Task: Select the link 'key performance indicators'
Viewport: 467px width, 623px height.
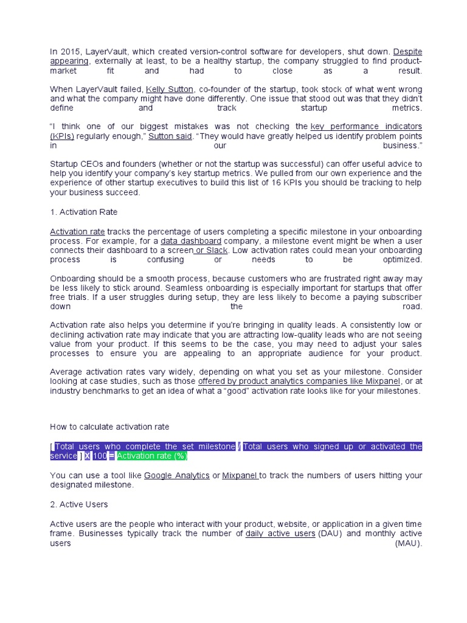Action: (366, 127)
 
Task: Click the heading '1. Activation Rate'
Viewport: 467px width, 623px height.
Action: (83, 212)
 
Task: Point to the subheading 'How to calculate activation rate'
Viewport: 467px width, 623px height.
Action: (109, 426)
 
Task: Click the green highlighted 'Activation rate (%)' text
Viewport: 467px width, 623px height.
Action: (152, 456)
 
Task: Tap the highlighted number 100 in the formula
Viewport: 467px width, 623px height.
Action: (99, 456)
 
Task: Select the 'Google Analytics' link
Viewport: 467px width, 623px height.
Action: (176, 475)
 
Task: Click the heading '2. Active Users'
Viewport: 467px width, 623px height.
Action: (79, 504)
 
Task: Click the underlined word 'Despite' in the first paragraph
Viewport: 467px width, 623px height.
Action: (407, 52)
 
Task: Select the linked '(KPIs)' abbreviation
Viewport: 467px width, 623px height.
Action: (62, 136)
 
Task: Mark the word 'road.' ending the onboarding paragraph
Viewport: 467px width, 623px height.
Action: (412, 307)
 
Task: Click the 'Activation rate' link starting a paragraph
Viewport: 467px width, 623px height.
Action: (77, 232)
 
